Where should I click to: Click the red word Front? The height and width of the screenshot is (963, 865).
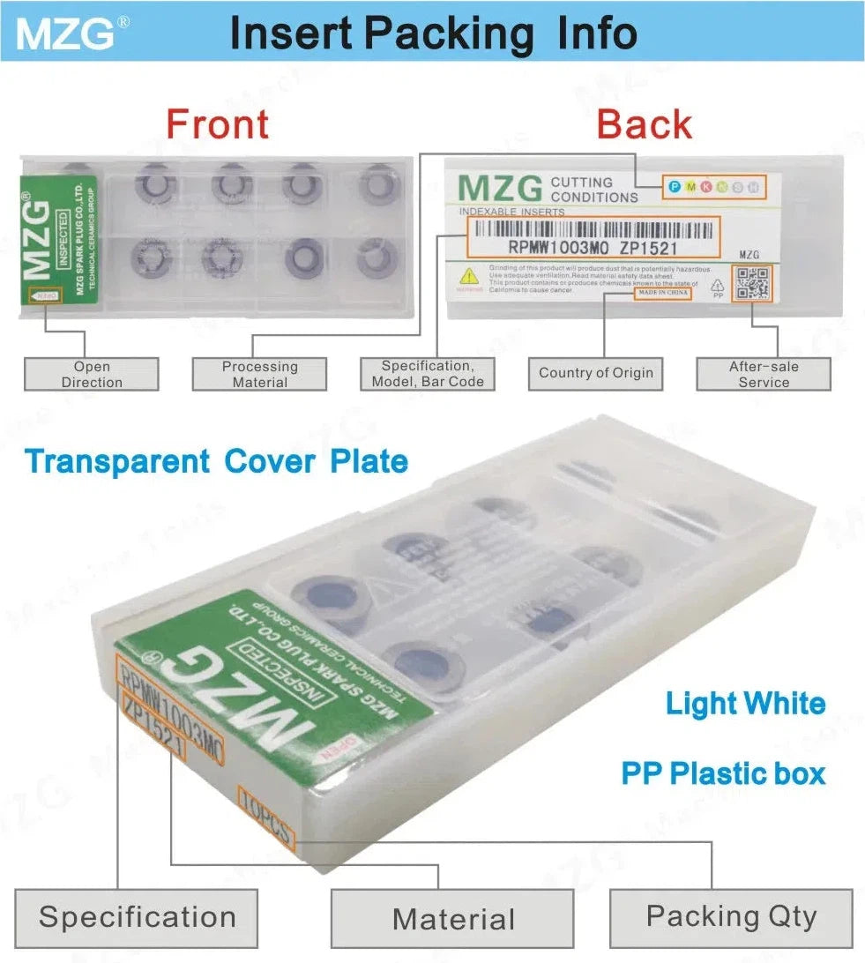coord(217,123)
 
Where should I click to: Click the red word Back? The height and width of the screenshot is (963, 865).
coord(644,124)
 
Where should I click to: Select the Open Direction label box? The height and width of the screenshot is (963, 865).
coord(92,374)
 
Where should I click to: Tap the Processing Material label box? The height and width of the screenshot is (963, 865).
coord(259,374)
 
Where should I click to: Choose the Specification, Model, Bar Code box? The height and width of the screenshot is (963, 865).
coord(426,373)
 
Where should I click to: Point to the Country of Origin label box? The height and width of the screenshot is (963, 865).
coord(596,373)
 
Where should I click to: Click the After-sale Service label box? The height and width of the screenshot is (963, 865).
coord(764,374)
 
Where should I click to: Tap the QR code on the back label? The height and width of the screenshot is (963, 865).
coord(753,283)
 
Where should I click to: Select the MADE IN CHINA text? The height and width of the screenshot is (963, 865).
coord(662,292)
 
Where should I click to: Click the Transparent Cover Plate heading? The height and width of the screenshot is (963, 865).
coord(217,461)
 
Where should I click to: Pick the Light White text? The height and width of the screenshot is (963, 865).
coord(745,704)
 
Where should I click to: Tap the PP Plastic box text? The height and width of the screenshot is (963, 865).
coord(723,773)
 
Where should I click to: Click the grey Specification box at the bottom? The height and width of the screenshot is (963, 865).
coord(137,917)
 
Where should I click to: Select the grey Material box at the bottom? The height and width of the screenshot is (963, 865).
coord(453,919)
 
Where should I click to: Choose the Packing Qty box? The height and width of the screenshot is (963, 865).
coord(731,917)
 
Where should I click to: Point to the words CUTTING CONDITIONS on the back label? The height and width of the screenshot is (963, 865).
coord(593,189)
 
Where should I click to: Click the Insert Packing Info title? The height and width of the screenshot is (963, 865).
coord(433,33)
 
